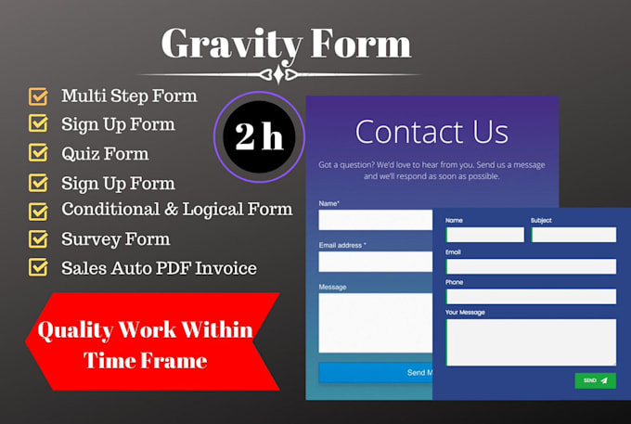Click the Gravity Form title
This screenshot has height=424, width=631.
[285, 43]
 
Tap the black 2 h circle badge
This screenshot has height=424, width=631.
[259, 137]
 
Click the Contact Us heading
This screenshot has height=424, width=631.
[431, 132]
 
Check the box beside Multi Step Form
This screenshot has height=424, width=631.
[38, 96]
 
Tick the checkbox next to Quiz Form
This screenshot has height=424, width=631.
[38, 152]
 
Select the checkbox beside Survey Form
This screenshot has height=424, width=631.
[38, 239]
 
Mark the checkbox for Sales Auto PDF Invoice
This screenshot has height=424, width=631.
[38, 268]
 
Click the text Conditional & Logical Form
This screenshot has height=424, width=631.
[176, 209]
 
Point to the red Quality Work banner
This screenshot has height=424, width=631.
[148, 341]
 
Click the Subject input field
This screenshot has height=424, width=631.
[573, 235]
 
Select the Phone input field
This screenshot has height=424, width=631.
[531, 297]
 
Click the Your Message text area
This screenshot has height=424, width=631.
[531, 341]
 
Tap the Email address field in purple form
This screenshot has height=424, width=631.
[375, 262]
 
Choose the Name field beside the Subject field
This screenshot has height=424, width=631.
[485, 235]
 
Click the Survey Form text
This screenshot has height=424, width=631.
[116, 238]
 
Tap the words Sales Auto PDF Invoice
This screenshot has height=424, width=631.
[159, 268]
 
